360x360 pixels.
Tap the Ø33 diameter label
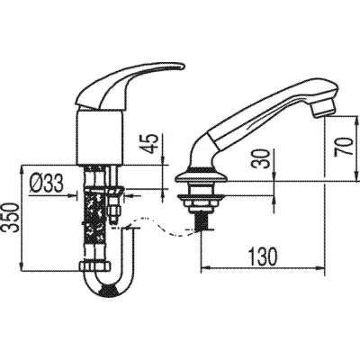point(46,184)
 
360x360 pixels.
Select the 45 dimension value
point(151,143)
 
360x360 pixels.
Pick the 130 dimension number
point(263,256)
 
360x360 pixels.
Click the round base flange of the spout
point(202,177)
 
